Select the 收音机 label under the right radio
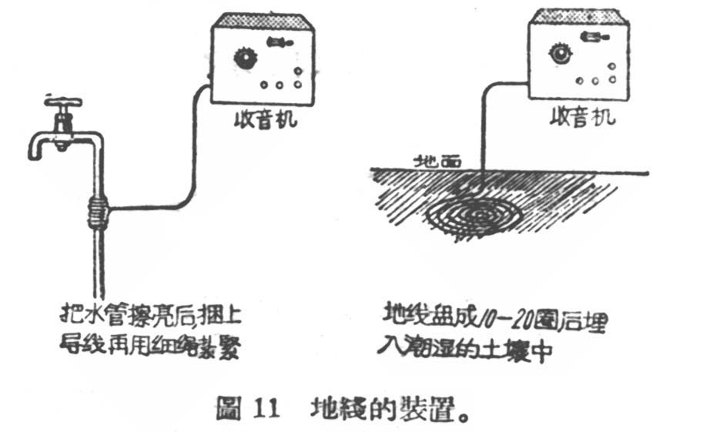point(583,118)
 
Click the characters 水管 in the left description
point(102,317)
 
